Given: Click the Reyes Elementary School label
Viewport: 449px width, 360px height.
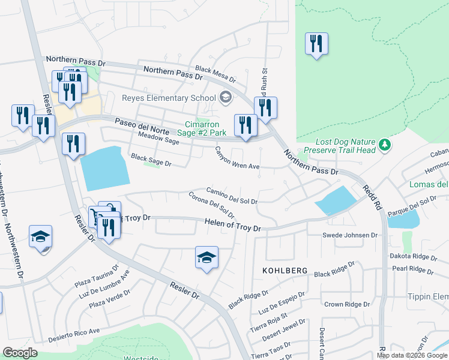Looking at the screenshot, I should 169,98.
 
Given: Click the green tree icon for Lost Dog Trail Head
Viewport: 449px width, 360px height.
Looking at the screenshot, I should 385,145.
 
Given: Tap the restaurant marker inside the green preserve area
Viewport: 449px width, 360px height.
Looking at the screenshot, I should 316,44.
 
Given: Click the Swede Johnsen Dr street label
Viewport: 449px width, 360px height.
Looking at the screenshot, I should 350,235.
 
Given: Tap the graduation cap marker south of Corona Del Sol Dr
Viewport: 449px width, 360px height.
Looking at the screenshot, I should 206,258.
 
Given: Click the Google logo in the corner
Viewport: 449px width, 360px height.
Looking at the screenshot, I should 20,353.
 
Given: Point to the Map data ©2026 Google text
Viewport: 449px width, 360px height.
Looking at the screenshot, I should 412,355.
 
